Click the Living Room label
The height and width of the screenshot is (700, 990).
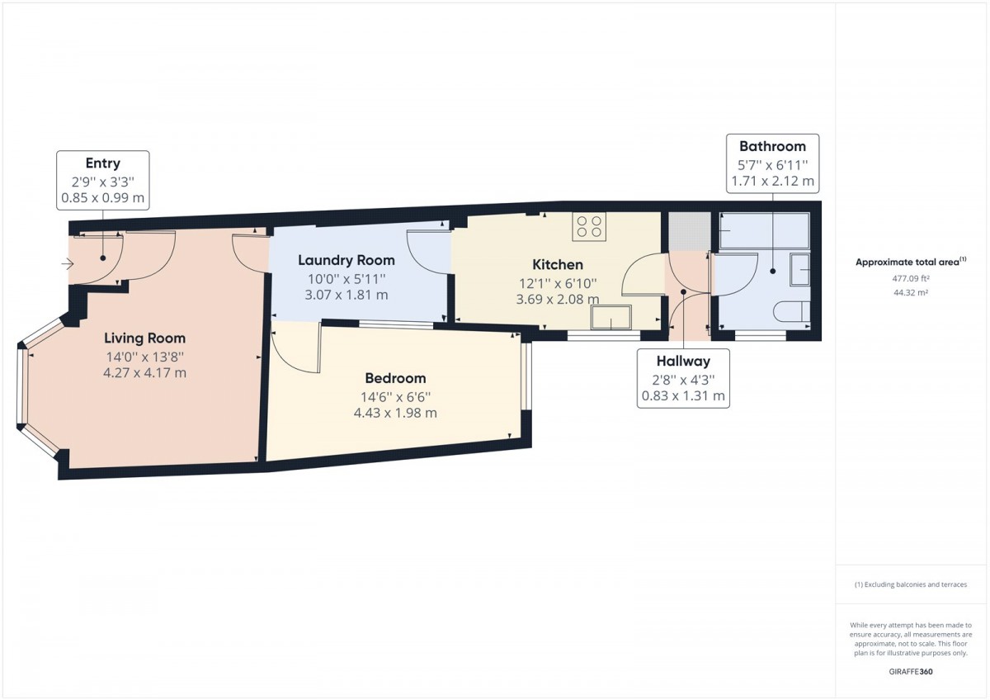pos(144,338)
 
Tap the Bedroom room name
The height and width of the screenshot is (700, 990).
pos(395,378)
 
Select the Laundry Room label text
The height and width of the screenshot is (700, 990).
pos(346,260)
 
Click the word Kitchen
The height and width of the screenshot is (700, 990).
pos(558,264)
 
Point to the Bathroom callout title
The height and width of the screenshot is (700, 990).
pos(772,146)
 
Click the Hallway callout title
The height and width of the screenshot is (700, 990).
pos(683,361)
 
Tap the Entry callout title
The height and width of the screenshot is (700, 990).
pos(103,163)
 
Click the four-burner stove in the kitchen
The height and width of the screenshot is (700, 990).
pos(589,226)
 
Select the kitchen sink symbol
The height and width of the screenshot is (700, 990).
pos(611,317)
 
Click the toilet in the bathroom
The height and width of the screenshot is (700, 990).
pos(792,311)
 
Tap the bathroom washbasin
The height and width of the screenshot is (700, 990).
pos(800,269)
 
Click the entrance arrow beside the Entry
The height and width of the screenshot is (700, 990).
pos(68,264)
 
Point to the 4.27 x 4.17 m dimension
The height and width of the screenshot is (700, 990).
pos(144,373)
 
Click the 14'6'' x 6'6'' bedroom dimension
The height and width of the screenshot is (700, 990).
pos(395,397)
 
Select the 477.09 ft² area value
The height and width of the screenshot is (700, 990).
pos(911,278)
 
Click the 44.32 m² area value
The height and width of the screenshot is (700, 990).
pos(911,292)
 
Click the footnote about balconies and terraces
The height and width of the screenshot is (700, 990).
pos(911,584)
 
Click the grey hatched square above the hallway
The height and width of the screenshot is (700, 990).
pos(689,232)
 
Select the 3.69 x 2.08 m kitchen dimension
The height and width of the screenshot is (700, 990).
pos(558,300)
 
